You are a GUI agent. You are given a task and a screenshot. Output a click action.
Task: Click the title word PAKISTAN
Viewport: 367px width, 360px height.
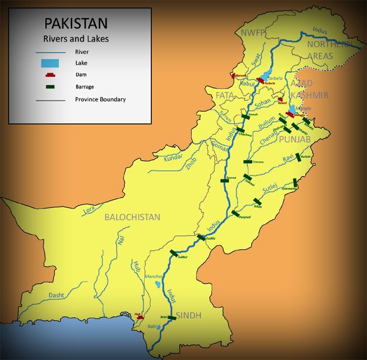pyautogui.click(x=76, y=24)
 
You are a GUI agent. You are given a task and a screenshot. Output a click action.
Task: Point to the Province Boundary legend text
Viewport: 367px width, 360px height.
pyautogui.click(x=100, y=99)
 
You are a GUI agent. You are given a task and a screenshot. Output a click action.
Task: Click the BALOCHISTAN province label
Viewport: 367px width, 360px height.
pyautogui.click(x=132, y=217)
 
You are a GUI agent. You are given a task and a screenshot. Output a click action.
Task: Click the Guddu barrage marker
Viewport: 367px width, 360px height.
pyautogui.click(x=202, y=237)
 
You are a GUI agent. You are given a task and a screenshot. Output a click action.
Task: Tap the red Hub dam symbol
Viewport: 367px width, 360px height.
pyautogui.click(x=139, y=318)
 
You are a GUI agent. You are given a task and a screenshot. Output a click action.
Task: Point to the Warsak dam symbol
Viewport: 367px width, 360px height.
pyautogui.click(x=234, y=76)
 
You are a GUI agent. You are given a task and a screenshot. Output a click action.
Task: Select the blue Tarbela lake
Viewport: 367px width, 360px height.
pyautogui.click(x=265, y=76)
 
